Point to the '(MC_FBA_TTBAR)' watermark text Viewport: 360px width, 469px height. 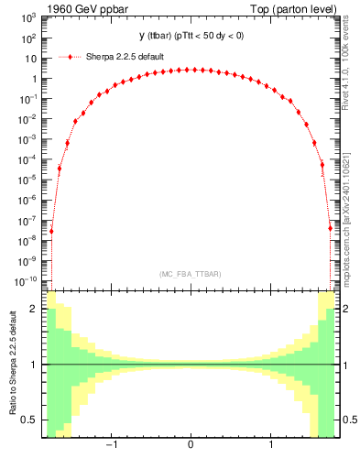[x=190, y=274]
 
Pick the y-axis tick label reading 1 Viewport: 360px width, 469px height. [x=34, y=79]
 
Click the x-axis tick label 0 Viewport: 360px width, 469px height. [x=190, y=445]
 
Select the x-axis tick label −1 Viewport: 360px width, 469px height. [x=111, y=445]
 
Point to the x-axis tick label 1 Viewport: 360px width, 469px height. [x=270, y=445]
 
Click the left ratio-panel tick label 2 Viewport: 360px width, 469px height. [x=34, y=309]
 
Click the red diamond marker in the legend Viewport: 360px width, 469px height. [x=70, y=57]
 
